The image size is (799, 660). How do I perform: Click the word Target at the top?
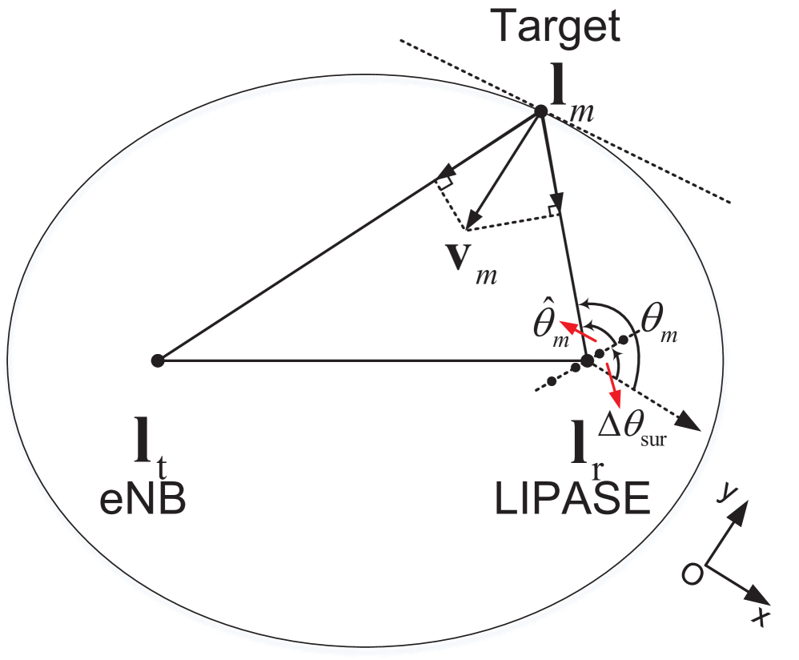pos(556,26)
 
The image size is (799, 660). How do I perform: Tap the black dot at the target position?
pos(540,111)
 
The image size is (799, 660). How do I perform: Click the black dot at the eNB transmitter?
pos(158,361)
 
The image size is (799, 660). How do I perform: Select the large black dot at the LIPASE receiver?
pos(587,361)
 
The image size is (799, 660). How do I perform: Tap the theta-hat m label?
pos(549,325)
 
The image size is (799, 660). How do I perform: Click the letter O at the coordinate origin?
pos(693,573)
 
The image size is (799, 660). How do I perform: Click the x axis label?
pos(762,617)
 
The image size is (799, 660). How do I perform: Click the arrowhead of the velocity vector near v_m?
pos(474,219)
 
